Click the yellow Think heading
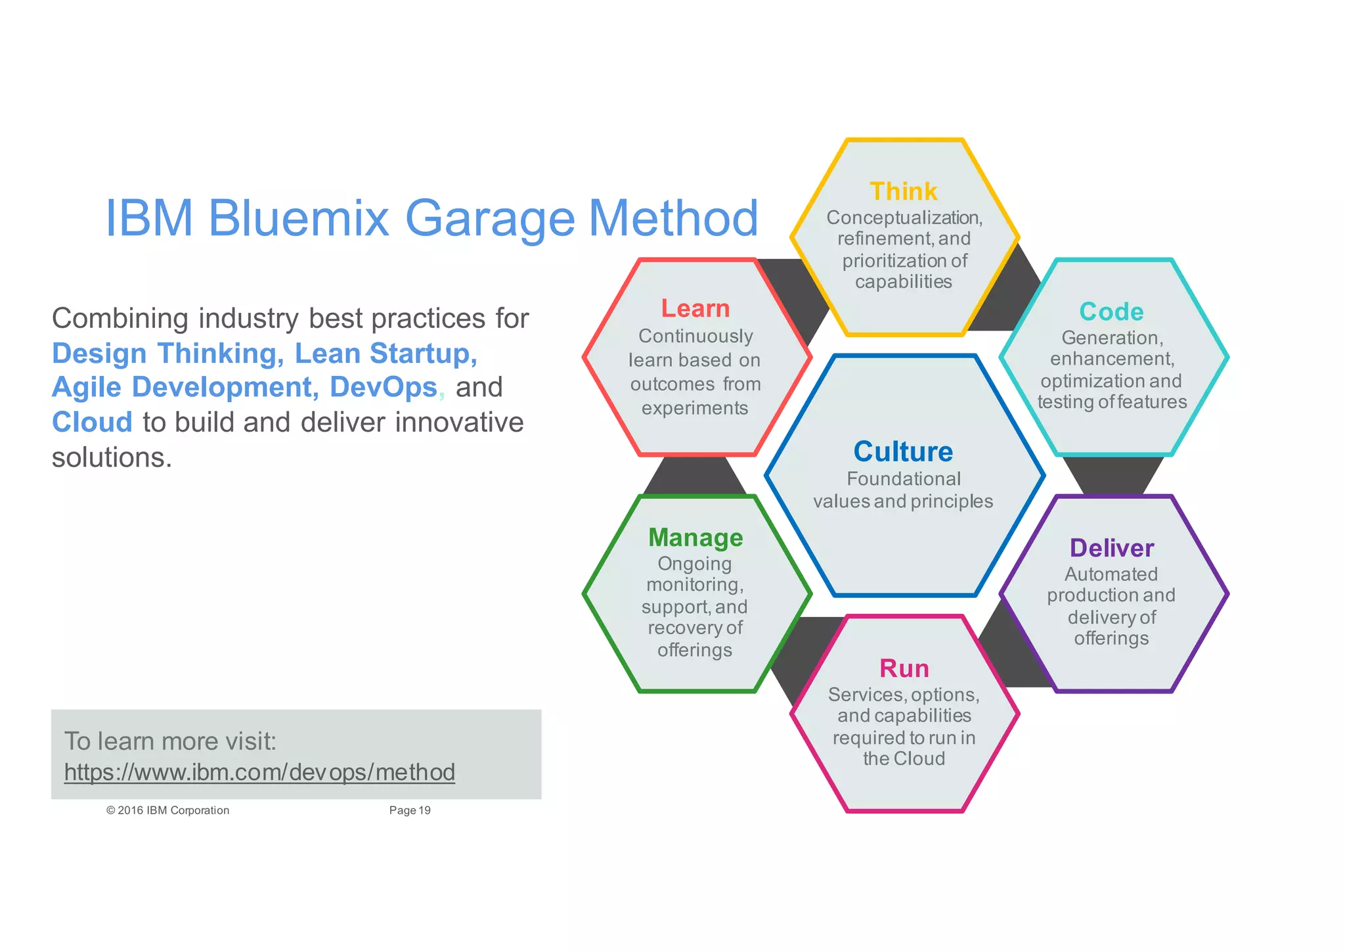tap(903, 191)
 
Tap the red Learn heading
tap(695, 308)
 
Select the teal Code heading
tap(1111, 312)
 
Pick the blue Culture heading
tap(903, 452)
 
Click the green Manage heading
tap(695, 538)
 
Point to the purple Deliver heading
tap(1111, 548)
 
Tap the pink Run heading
tap(904, 668)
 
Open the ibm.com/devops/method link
tap(259, 772)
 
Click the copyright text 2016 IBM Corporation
tap(168, 810)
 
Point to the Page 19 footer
tap(410, 810)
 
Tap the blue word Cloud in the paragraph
tap(92, 422)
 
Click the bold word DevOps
tap(383, 387)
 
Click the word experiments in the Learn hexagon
tap(695, 408)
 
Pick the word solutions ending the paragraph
tap(112, 457)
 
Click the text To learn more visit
tap(170, 741)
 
